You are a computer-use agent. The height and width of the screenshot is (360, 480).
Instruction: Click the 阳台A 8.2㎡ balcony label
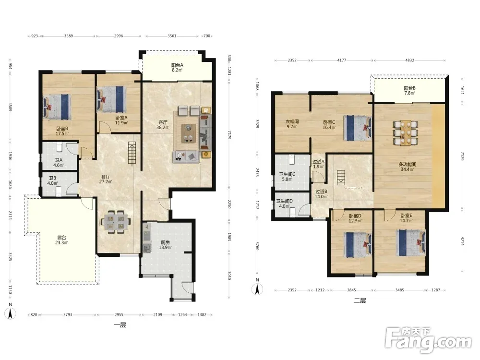177,67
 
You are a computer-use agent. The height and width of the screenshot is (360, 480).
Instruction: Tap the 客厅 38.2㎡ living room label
163,125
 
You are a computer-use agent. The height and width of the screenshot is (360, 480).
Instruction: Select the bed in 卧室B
57,107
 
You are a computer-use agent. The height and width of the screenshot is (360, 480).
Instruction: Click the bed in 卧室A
111,99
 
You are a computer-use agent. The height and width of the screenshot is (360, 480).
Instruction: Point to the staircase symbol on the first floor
132,154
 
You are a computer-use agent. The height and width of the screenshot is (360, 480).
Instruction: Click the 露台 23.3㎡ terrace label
61,240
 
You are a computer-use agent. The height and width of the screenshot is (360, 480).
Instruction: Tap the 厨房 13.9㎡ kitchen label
165,245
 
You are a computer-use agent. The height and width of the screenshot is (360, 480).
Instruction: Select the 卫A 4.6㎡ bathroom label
59,163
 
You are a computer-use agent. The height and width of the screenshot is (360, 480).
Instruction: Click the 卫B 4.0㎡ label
52,180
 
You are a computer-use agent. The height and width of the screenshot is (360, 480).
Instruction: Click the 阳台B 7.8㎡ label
409,90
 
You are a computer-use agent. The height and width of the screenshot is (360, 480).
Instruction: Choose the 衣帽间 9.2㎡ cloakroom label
292,124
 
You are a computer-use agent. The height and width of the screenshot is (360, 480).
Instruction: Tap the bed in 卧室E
410,242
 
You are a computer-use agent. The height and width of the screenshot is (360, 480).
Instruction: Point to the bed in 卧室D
358,244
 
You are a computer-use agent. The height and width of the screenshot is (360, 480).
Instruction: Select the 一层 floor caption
120,325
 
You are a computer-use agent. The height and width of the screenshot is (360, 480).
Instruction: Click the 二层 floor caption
360,300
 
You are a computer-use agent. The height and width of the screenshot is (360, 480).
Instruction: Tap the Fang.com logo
428,340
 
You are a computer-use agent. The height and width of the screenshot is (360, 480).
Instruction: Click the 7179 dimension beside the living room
229,134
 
